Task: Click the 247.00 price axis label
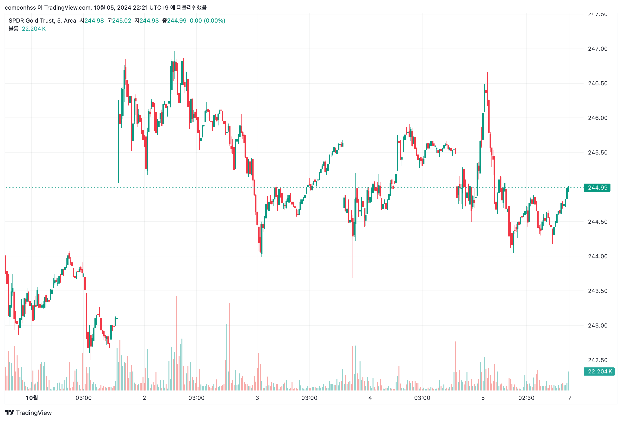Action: click(x=597, y=49)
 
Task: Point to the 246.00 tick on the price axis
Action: click(x=597, y=118)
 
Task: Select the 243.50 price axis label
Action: click(x=597, y=291)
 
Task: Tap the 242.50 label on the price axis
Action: click(x=597, y=360)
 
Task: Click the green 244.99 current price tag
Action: click(x=597, y=188)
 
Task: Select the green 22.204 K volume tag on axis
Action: click(x=599, y=371)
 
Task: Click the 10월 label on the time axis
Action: click(x=31, y=398)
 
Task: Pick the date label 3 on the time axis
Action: click(x=257, y=398)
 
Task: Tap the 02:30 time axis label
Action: click(x=526, y=398)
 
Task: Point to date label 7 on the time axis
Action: click(x=570, y=398)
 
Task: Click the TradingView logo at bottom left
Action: click(x=28, y=413)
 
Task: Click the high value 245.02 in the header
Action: click(x=122, y=21)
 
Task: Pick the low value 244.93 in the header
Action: click(x=149, y=21)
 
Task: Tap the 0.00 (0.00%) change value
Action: click(x=207, y=21)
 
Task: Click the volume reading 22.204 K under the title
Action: click(x=34, y=29)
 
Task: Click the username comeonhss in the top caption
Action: click(x=20, y=7)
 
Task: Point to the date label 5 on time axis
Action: click(x=483, y=398)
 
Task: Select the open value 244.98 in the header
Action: click(x=94, y=21)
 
